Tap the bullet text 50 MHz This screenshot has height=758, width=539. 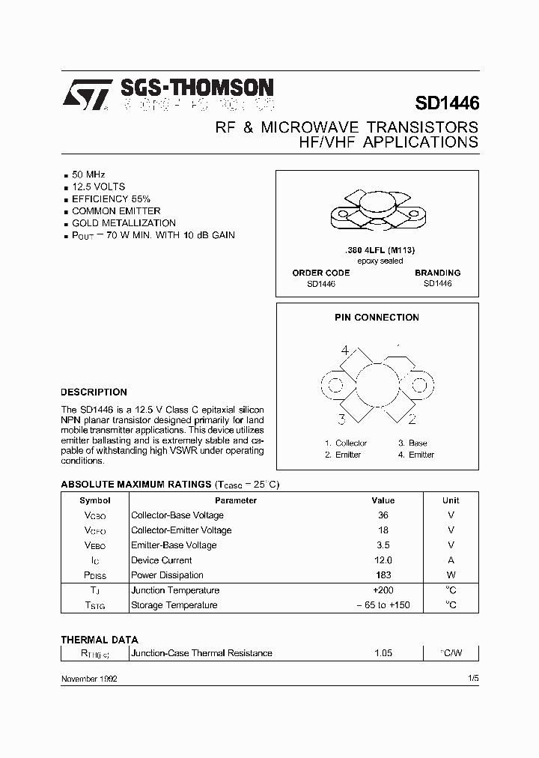tap(88, 174)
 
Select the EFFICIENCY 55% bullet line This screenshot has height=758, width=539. tap(111, 198)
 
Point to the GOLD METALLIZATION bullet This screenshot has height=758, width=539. tap(124, 223)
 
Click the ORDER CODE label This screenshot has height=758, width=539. tap(321, 273)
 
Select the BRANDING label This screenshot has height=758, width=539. tap(437, 273)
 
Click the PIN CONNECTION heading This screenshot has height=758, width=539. tap(377, 318)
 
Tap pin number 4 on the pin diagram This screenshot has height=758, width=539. tap(345, 351)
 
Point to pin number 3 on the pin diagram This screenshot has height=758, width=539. tap(341, 419)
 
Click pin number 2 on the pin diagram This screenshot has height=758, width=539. tap(412, 419)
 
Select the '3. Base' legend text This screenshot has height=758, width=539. tap(412, 443)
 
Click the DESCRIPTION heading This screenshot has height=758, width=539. tap(94, 392)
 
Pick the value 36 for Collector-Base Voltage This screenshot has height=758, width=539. tap(383, 515)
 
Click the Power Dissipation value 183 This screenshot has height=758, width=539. tap(383, 575)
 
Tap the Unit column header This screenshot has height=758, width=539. tap(451, 500)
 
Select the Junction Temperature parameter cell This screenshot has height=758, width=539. tap(175, 590)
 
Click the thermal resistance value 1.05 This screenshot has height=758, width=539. tap(383, 653)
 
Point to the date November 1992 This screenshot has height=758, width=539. tap(88, 678)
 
